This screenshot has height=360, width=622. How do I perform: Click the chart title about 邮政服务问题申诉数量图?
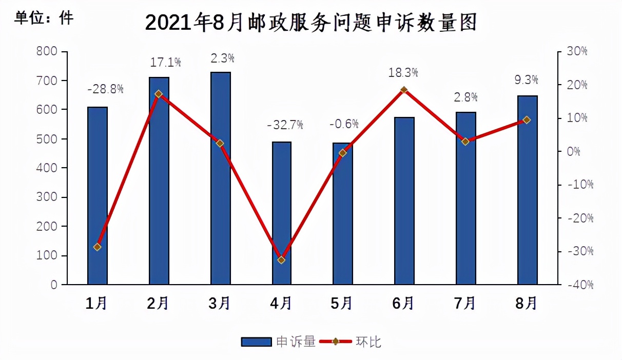pos(311,23)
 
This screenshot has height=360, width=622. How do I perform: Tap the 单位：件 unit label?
pos(44,18)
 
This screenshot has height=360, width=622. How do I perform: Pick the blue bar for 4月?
pos(281,213)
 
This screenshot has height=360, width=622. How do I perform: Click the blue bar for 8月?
pos(527,190)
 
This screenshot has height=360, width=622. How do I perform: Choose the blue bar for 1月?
pos(97,195)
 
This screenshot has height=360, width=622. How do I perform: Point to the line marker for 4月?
pos(281,260)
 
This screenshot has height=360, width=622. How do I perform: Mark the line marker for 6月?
pos(404,90)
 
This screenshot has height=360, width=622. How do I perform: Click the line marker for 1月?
pos(97,247)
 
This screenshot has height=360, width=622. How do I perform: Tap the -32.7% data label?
pos(285,124)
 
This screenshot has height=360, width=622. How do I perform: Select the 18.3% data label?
pos(403,72)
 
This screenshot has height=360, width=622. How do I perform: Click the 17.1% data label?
pos(166,63)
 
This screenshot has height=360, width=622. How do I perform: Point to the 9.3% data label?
pos(526,79)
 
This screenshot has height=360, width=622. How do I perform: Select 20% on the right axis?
pos(576,85)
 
